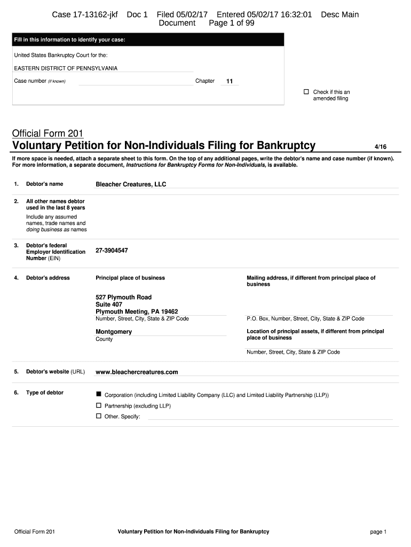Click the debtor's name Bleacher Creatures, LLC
click(131, 184)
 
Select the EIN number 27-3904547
click(112, 250)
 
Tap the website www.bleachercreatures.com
click(137, 372)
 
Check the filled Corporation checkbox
click(99, 394)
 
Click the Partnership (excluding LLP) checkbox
click(99, 405)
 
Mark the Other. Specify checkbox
click(99, 416)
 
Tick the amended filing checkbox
click(306, 92)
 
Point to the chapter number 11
click(230, 82)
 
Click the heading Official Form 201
click(48, 133)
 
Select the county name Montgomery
click(114, 332)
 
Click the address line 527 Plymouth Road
click(123, 297)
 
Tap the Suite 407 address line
click(109, 304)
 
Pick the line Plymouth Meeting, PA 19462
click(137, 311)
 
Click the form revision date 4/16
click(381, 146)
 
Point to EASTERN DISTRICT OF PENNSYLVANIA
click(66, 68)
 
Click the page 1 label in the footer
click(378, 532)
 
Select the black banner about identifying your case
click(148, 40)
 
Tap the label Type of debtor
click(45, 393)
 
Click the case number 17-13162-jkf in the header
click(85, 14)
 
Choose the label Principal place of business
click(130, 278)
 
